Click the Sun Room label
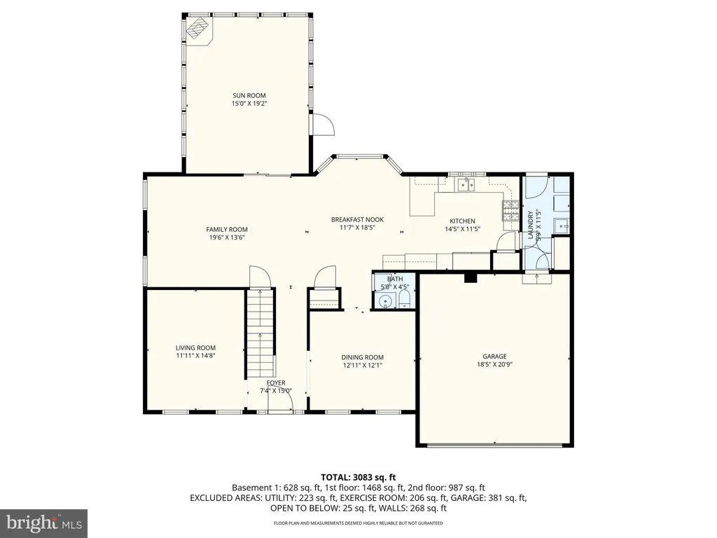pos(249,95)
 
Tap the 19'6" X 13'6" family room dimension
pos(227,237)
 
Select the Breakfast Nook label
pos(358,219)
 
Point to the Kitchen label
pos(462,221)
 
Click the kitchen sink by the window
pos(466,185)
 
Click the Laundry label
pos(531,225)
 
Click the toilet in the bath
pos(405,300)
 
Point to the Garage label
pos(494,357)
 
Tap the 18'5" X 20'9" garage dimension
pos(494,364)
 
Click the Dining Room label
pos(363,357)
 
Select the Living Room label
pos(196,347)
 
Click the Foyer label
pos(276,383)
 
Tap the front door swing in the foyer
pos(280,403)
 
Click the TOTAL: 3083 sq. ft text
pos(358,478)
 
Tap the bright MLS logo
pos(44,523)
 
